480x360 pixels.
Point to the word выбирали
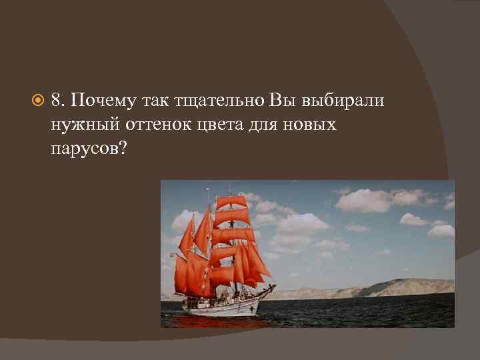[343, 100]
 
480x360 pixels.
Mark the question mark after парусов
[122, 147]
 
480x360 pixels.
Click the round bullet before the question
[38, 101]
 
